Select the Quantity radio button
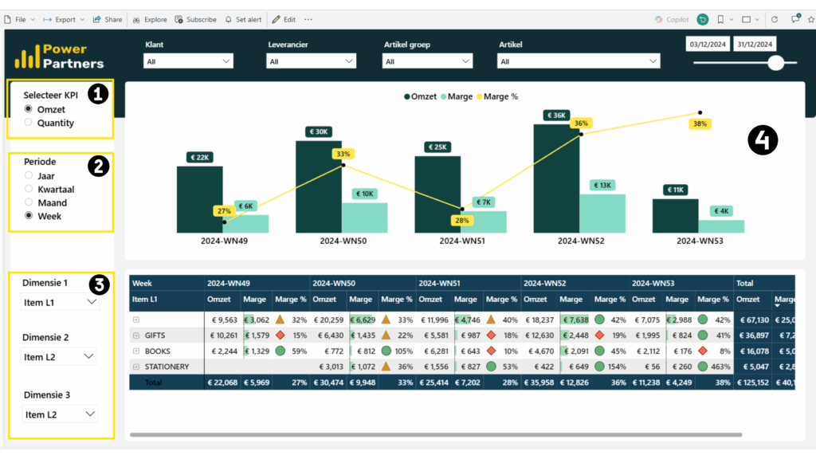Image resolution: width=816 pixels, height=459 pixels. (x=29, y=123)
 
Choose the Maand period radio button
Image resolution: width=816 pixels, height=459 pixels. (x=29, y=202)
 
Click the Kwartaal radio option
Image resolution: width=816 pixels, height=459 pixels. (x=29, y=189)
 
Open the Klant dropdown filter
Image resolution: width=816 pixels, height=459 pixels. (x=188, y=61)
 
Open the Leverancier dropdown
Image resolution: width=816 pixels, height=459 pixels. (x=312, y=61)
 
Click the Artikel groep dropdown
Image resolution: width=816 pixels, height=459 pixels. (x=427, y=61)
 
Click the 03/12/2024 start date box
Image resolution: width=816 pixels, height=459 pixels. (x=708, y=45)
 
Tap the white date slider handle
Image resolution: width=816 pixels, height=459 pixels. (x=775, y=63)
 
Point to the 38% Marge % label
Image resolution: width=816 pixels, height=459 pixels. (x=700, y=124)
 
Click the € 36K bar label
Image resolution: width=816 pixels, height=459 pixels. (x=556, y=116)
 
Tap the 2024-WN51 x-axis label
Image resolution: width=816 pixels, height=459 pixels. (x=461, y=241)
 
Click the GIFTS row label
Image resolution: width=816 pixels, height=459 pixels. (x=156, y=335)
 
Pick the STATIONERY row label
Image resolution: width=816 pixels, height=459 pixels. (x=167, y=367)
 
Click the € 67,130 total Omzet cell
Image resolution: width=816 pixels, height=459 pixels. (x=752, y=320)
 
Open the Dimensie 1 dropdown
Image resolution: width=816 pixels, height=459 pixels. (x=60, y=301)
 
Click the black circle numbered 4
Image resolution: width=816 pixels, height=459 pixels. (x=763, y=141)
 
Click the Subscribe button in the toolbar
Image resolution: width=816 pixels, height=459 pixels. (x=196, y=19)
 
